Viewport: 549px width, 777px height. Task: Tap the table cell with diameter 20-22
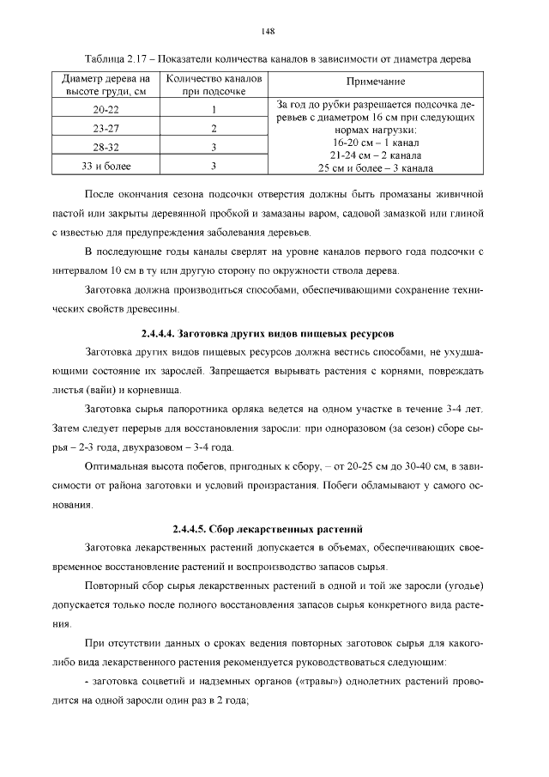click(106, 109)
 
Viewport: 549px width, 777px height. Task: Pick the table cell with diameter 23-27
click(106, 128)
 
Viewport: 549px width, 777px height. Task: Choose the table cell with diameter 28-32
click(106, 147)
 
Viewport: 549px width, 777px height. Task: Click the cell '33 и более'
click(106, 166)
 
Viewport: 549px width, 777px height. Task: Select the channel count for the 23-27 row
click(213, 128)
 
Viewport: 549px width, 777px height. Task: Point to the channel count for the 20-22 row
click(213, 109)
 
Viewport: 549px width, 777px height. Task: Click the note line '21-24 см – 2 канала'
click(375, 156)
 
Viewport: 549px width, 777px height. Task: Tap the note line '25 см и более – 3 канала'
click(375, 168)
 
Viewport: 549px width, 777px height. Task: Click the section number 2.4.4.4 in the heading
click(163, 331)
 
